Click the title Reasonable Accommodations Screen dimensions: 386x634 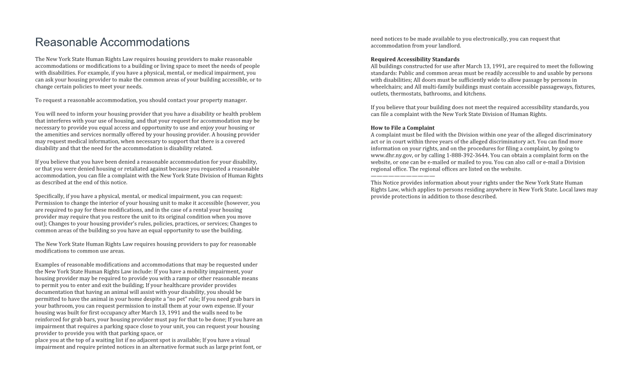coord(112,42)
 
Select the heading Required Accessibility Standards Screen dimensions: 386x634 coord(415,59)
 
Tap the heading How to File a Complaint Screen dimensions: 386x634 coord(403,128)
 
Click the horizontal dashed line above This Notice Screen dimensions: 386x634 coord(403,175)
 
